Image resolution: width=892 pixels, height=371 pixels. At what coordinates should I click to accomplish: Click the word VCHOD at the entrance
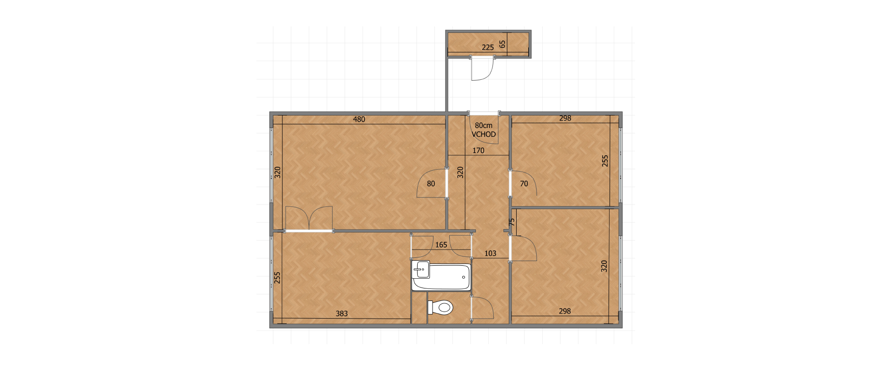pyautogui.click(x=484, y=134)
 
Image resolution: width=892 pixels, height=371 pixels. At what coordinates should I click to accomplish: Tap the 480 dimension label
pyautogui.click(x=359, y=119)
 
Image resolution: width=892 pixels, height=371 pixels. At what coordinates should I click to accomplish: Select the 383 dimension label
pyautogui.click(x=342, y=313)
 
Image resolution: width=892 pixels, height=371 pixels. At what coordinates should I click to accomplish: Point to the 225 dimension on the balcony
pyautogui.click(x=488, y=47)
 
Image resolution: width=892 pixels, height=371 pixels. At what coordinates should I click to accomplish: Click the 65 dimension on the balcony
pyautogui.click(x=502, y=44)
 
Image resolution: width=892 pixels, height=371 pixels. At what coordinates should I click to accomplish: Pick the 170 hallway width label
pyautogui.click(x=479, y=150)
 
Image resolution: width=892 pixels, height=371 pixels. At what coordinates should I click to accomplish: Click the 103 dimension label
pyautogui.click(x=491, y=253)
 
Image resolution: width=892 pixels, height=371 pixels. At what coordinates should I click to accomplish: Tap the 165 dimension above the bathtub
pyautogui.click(x=441, y=244)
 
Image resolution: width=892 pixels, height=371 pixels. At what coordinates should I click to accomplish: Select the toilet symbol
pyautogui.click(x=440, y=307)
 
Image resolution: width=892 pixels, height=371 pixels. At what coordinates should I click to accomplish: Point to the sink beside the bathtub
pyautogui.click(x=421, y=269)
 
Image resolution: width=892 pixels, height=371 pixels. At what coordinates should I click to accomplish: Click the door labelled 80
pyautogui.click(x=432, y=184)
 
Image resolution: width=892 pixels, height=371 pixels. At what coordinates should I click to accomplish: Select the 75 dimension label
pyautogui.click(x=512, y=222)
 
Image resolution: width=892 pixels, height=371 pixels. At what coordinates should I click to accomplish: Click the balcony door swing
pyautogui.click(x=482, y=69)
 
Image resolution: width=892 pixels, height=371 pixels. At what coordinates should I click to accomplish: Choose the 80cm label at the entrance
pyautogui.click(x=484, y=125)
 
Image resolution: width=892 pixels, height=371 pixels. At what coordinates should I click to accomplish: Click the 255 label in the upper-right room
pyautogui.click(x=605, y=161)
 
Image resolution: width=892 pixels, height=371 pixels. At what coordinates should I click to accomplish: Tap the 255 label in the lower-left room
pyautogui.click(x=277, y=277)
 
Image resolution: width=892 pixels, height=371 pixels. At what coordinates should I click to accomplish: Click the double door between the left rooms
pyautogui.click(x=309, y=219)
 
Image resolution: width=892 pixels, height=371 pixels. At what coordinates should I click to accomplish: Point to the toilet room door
pyautogui.click(x=482, y=307)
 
